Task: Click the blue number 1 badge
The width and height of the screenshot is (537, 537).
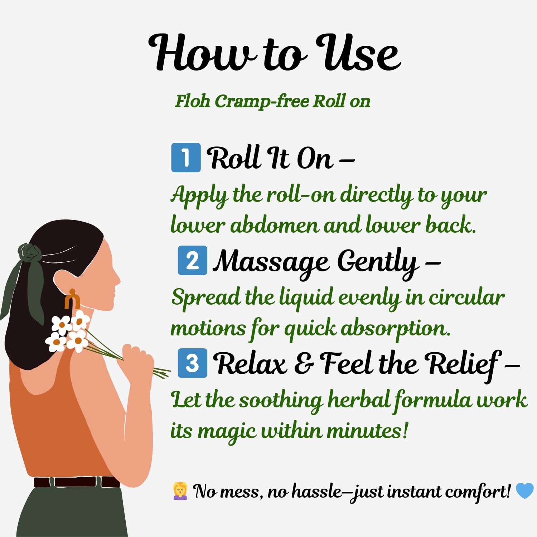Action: [x=186, y=158]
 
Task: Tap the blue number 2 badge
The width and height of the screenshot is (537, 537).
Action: [x=192, y=260]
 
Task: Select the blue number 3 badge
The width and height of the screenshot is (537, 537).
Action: [x=192, y=363]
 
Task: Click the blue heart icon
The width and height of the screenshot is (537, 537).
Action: [x=524, y=491]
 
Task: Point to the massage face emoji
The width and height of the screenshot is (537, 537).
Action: [x=180, y=491]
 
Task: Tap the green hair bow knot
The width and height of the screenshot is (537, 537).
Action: [x=30, y=253]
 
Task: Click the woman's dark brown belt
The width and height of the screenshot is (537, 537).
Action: [x=77, y=482]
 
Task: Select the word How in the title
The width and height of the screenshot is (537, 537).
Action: [x=203, y=53]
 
